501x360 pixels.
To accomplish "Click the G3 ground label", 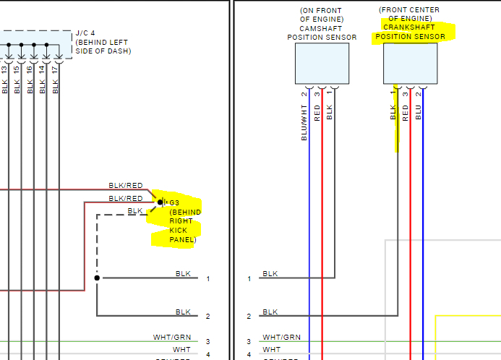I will (x=174, y=202).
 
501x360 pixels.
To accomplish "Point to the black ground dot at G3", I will (x=160, y=202).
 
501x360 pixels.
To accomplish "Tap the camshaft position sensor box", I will (x=322, y=63).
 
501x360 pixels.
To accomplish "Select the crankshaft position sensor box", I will (x=410, y=63).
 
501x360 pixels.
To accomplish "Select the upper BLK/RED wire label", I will (x=125, y=186).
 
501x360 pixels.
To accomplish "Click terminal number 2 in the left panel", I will (x=207, y=317).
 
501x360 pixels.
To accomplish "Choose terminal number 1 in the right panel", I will (x=249, y=278).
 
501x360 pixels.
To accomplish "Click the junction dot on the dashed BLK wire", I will (x=97, y=278).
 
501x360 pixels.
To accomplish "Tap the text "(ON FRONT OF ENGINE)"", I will (x=321, y=14).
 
